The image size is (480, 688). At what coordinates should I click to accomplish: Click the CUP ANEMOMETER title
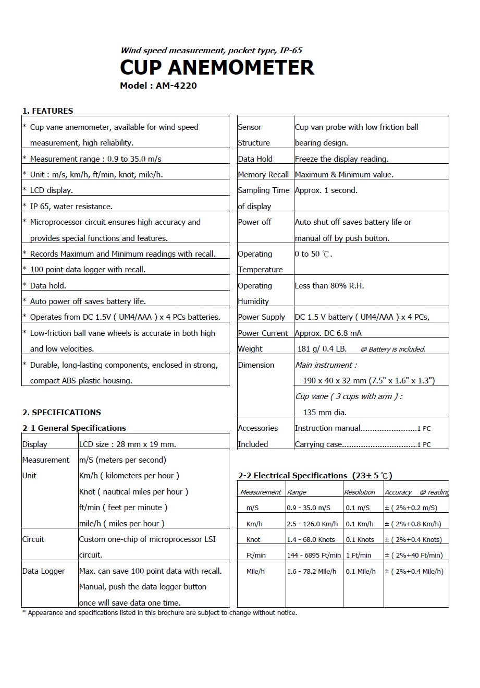click(x=217, y=68)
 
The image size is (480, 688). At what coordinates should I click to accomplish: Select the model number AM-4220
click(x=176, y=86)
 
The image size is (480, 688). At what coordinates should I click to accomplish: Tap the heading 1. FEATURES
click(x=47, y=111)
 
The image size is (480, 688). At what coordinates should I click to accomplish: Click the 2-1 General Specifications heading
click(x=74, y=428)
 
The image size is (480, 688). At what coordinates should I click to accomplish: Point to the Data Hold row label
click(x=255, y=159)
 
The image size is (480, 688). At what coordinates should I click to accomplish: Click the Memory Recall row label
click(x=263, y=175)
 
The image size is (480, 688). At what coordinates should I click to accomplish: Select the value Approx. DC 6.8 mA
click(x=328, y=333)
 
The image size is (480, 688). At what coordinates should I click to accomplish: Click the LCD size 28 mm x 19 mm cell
click(x=128, y=444)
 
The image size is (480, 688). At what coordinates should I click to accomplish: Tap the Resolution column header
click(x=360, y=492)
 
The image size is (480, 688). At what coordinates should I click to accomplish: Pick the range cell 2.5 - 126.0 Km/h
click(x=312, y=524)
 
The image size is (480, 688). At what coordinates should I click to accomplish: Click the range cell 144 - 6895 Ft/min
click(x=314, y=556)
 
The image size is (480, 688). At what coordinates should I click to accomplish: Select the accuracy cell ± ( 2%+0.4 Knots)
click(x=413, y=540)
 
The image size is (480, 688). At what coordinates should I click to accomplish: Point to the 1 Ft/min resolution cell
click(x=359, y=556)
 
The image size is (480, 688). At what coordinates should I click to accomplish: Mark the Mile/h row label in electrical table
click(x=255, y=572)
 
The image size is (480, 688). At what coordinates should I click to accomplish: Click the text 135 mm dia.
click(x=324, y=413)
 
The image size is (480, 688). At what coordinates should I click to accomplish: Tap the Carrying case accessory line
click(x=363, y=444)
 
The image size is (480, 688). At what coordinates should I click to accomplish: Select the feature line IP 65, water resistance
click(x=71, y=207)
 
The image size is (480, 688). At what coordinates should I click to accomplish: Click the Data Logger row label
click(x=43, y=571)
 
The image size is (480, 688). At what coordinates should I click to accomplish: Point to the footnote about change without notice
click(x=159, y=613)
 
